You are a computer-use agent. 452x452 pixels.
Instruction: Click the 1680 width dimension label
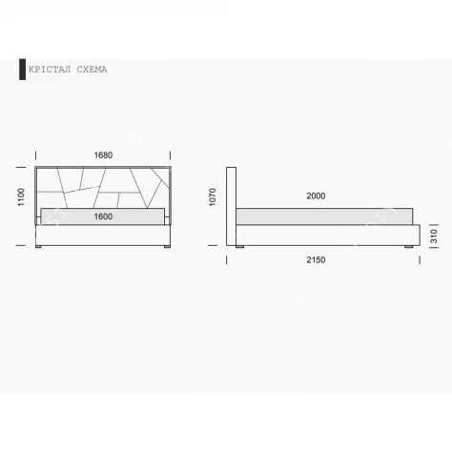pyautogui.click(x=103, y=155)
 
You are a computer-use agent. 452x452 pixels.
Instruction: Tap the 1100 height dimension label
pyautogui.click(x=21, y=197)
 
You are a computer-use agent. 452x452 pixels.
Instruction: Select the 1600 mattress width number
pyautogui.click(x=103, y=216)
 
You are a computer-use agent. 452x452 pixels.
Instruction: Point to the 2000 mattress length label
pyautogui.click(x=316, y=195)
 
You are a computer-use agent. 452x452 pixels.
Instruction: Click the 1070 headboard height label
pyautogui.click(x=213, y=197)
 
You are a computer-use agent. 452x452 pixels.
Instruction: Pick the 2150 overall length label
pyautogui.click(x=316, y=260)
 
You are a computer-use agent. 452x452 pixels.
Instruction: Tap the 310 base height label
pyautogui.click(x=434, y=236)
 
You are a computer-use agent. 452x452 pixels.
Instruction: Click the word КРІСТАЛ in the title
pyautogui.click(x=50, y=70)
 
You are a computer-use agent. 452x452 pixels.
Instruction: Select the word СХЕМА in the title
pyautogui.click(x=92, y=70)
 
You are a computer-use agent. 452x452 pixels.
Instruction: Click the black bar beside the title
pyautogui.click(x=22, y=70)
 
